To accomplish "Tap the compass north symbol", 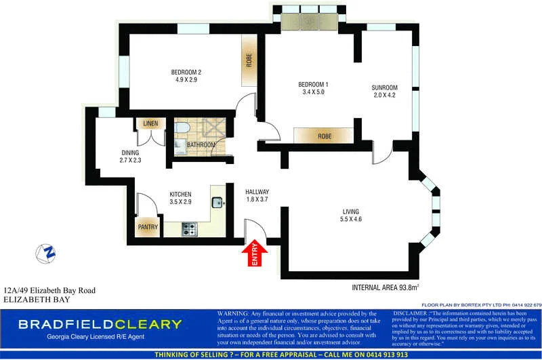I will tap(47, 253).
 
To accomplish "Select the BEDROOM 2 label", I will tap(186, 76).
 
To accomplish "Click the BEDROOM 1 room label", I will tap(312, 88).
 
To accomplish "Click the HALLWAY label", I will tap(257, 195).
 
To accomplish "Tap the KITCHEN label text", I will tap(180, 198).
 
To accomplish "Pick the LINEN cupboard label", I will tap(150, 124).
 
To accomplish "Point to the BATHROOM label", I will tap(201, 144).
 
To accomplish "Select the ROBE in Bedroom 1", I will tap(322, 136).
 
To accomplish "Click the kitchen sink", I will tap(218, 201).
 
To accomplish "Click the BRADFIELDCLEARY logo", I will tap(100, 324).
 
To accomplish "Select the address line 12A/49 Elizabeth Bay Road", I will tap(49, 290).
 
